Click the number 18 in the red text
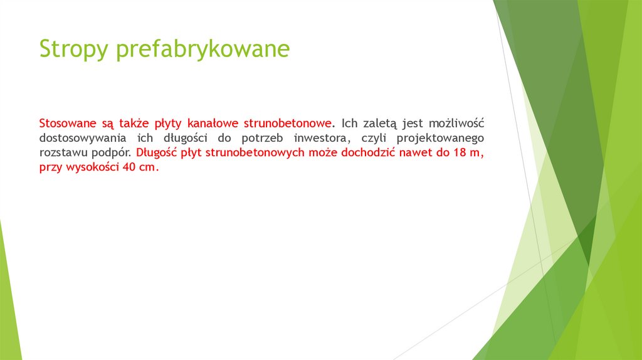(x=456, y=152)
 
